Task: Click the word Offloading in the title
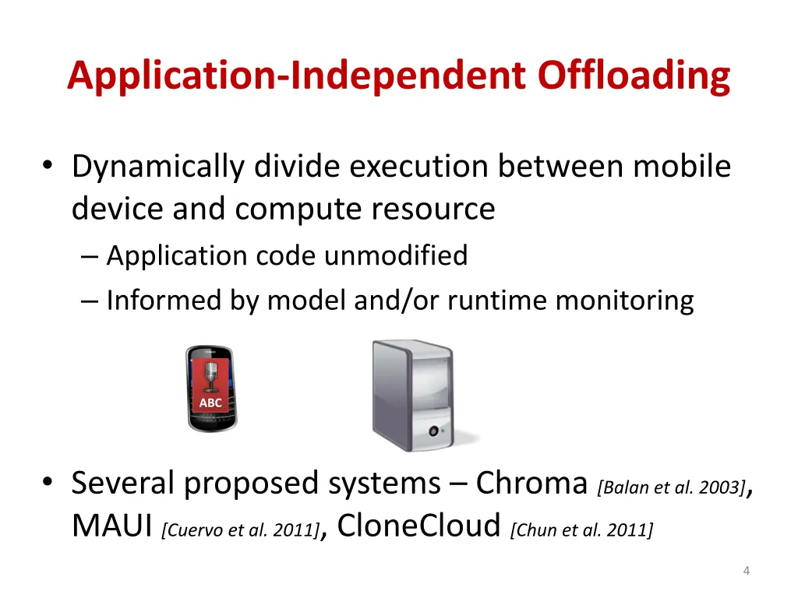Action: pyautogui.click(x=634, y=76)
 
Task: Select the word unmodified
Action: pyautogui.click(x=396, y=255)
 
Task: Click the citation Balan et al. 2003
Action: pyautogui.click(x=671, y=488)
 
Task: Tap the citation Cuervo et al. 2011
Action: pyautogui.click(x=240, y=531)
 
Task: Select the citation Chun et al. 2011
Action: pyautogui.click(x=581, y=531)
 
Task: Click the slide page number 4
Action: pyautogui.click(x=747, y=572)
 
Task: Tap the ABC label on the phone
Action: pyautogui.click(x=210, y=403)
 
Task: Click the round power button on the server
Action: pyautogui.click(x=429, y=430)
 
